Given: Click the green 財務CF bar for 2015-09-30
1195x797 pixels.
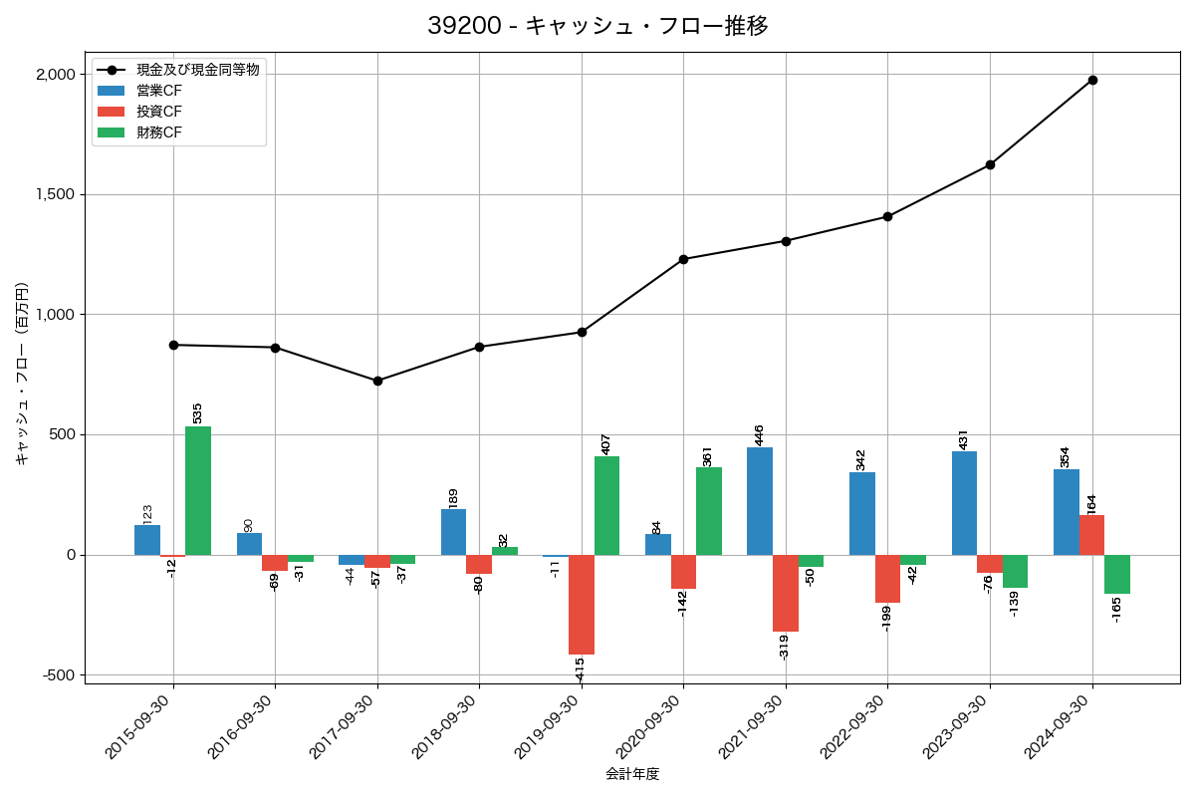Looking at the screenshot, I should click(198, 490).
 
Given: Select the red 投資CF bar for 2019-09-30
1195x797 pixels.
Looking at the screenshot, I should click(582, 605).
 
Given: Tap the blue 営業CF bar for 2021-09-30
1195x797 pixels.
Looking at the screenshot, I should click(760, 501).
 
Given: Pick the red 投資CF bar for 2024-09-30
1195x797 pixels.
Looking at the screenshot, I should click(1091, 535).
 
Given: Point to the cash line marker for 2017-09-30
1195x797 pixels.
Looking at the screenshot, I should click(377, 381).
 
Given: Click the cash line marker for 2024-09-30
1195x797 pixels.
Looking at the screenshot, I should click(1092, 80).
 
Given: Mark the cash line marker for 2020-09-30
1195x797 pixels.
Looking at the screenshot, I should click(683, 259).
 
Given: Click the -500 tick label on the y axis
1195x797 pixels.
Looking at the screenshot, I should click(58, 675).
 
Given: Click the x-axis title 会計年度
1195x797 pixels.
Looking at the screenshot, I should click(632, 774).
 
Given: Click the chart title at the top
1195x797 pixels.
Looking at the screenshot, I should click(597, 26).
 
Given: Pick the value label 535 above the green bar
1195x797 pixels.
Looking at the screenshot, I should click(197, 412).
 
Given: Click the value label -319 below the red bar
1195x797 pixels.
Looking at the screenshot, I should click(784, 647).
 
